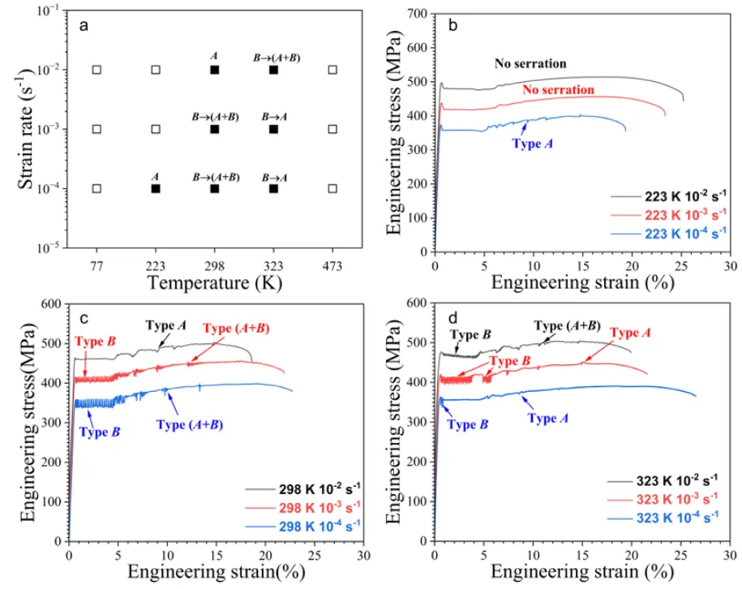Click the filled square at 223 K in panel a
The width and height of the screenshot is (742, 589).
coord(156,188)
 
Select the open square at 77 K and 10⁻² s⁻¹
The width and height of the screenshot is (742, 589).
coord(97,70)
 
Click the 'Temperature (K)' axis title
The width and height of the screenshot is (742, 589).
coord(214,282)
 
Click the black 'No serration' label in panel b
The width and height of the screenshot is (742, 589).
coord(530,63)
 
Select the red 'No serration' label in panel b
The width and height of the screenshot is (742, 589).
coord(558,89)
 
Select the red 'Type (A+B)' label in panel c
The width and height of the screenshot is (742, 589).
coord(236,329)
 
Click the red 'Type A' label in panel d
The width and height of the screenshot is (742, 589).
coord(630,333)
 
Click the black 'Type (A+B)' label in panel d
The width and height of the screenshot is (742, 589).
coord(567,325)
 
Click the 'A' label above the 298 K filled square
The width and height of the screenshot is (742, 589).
coord(214,56)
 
